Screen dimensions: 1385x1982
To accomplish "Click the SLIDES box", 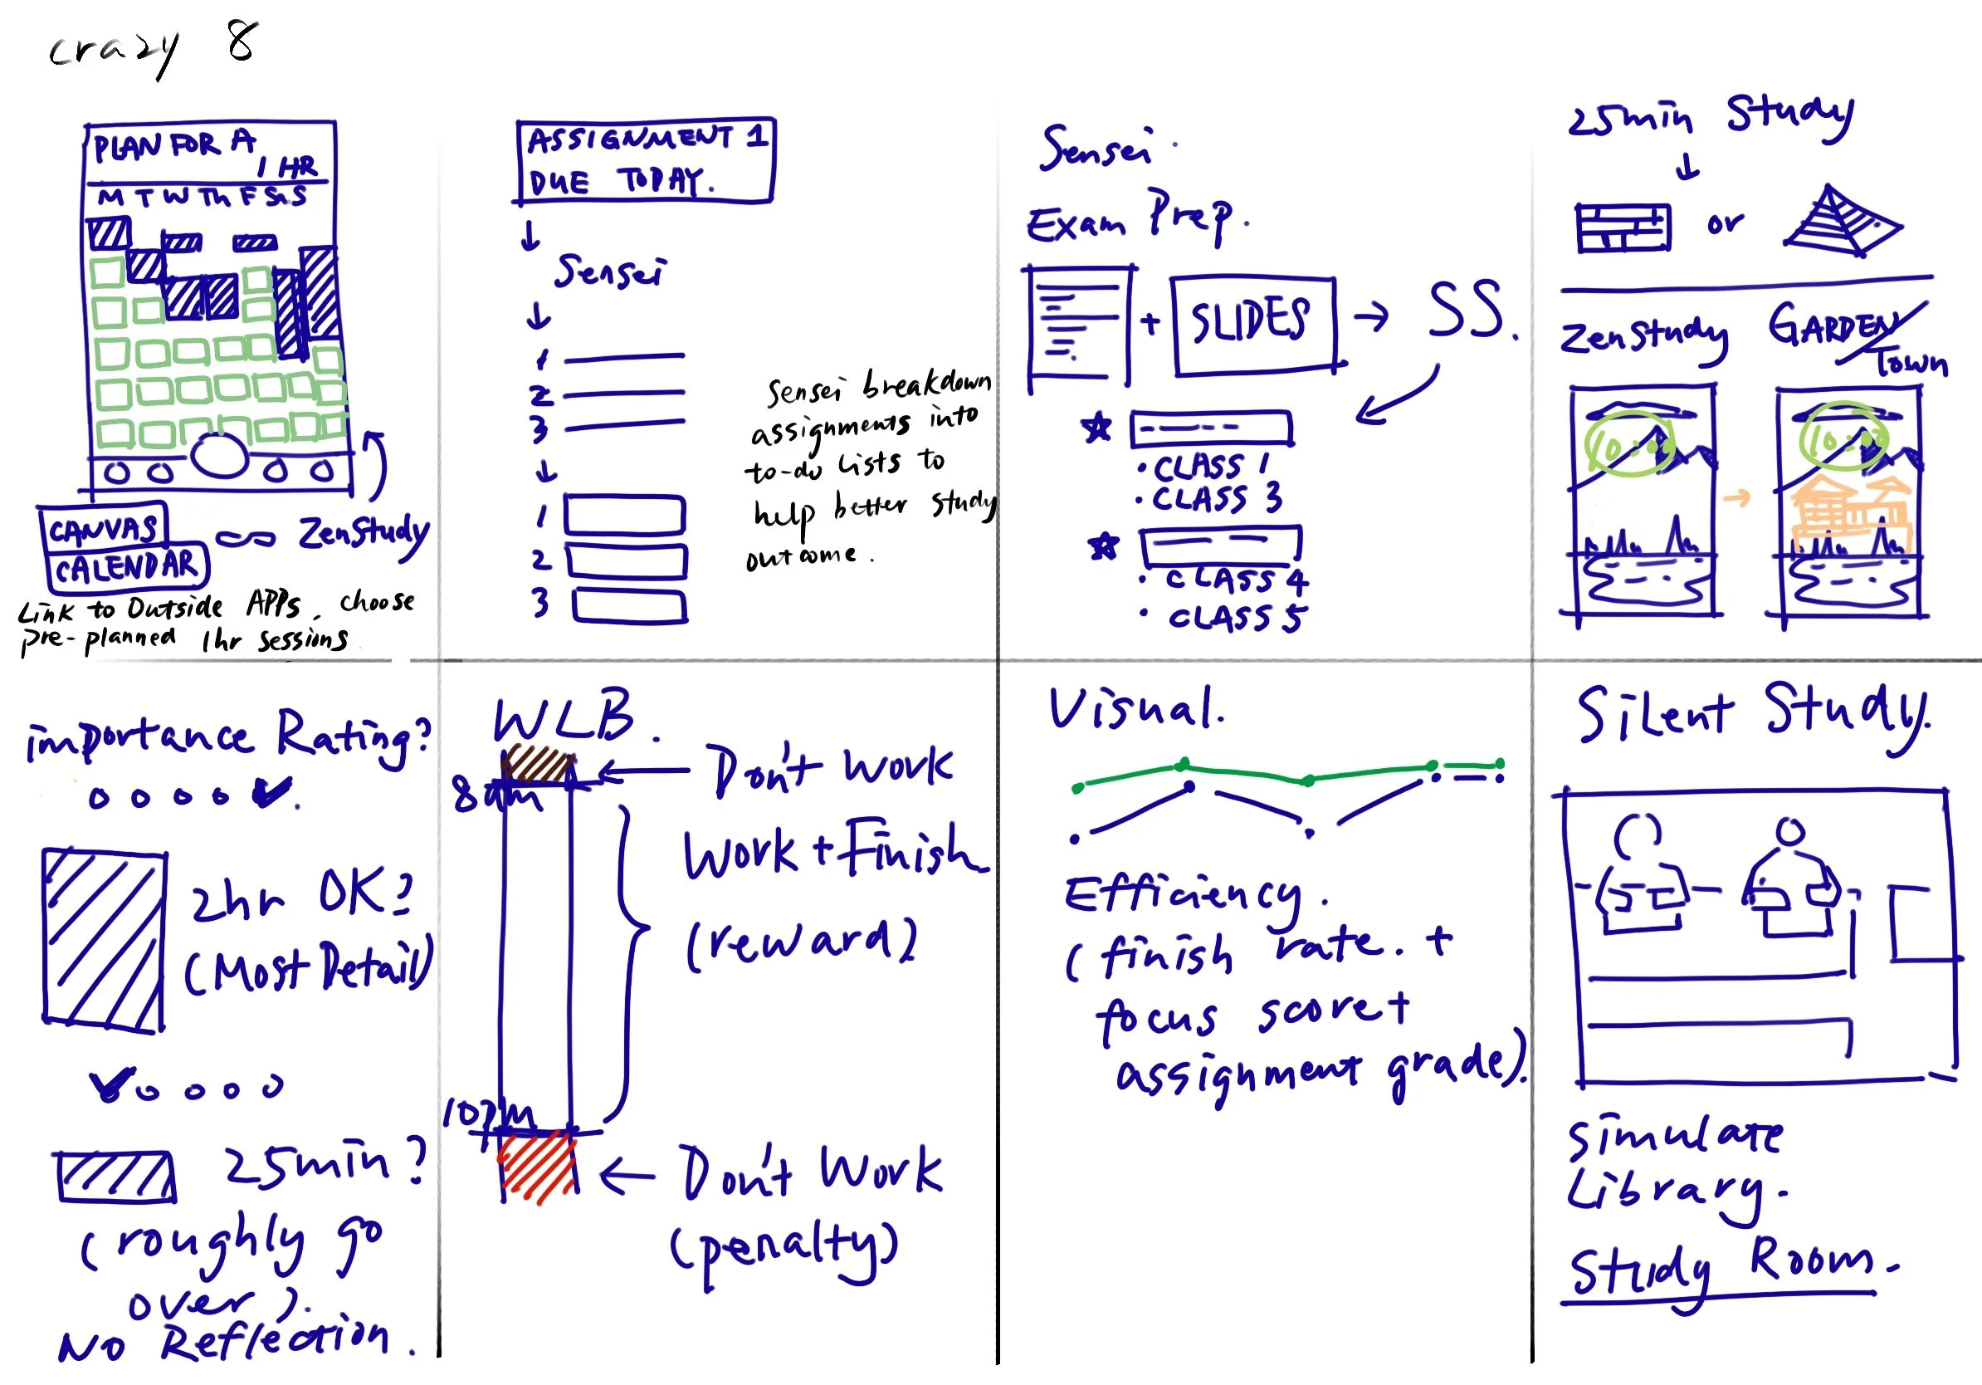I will click(1252, 325).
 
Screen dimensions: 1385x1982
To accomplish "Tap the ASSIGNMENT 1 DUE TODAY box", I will click(644, 160).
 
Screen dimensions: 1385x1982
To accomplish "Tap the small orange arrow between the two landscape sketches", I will click(1737, 498).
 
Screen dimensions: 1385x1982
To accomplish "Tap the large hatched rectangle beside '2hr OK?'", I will click(104, 939).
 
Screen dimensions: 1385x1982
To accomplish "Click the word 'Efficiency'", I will click(1183, 896).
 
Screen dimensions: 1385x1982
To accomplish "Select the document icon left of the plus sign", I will click(1079, 325).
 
